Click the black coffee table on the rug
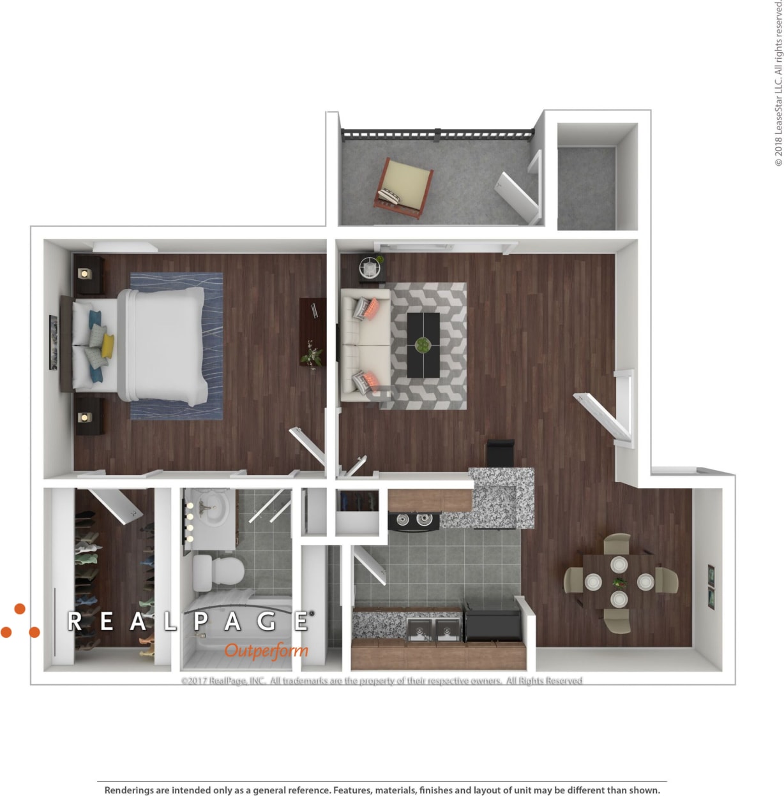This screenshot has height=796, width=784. coord(423,344)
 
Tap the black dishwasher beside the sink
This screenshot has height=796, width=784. coord(492,623)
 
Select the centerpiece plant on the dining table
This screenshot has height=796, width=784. coord(619,582)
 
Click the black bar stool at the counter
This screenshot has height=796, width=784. coord(500,452)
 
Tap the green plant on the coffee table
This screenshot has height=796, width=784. coord(423,345)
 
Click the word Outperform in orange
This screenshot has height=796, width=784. coord(266,651)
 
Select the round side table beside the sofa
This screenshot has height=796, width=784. coord(370,267)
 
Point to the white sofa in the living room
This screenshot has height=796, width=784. coord(365,344)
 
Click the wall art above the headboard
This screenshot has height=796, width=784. coord(54,343)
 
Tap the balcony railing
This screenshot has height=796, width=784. coord(437,134)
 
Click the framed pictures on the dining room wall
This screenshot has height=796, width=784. coord(711,587)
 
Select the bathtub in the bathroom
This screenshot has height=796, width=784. coord(236,631)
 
